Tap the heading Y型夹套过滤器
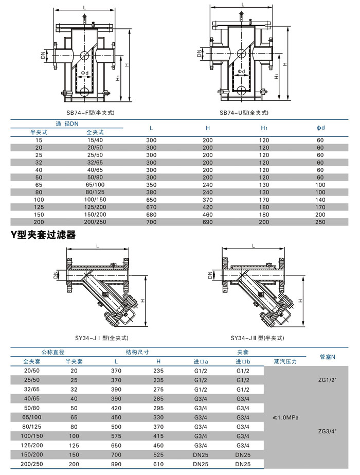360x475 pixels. [x=43, y=235]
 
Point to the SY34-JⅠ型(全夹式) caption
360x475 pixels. [x=101, y=338]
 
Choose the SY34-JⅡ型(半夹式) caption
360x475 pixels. [x=255, y=338]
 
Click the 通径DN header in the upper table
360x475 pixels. [x=67, y=124]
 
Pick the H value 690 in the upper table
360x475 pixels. [x=207, y=221]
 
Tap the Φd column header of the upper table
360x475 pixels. [x=320, y=128]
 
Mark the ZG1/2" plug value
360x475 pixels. [x=327, y=380]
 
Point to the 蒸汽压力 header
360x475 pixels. [x=285, y=361]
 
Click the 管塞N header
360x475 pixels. [x=327, y=356]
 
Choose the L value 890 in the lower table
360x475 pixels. [x=116, y=464]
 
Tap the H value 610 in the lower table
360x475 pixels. [x=158, y=464]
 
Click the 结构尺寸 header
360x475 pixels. [x=137, y=352]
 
